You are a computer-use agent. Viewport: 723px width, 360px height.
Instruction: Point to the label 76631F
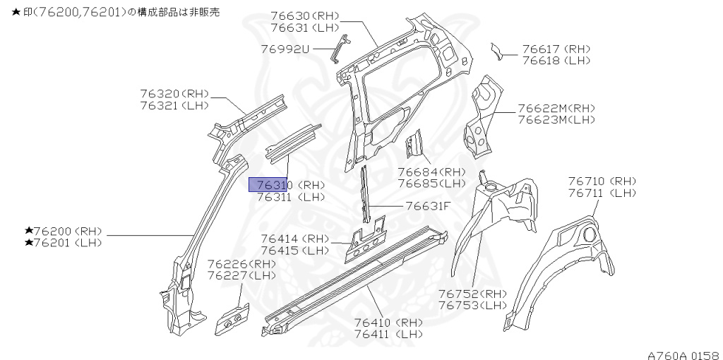coord(428,206)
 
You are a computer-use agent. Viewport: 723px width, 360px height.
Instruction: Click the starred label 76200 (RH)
coord(64,231)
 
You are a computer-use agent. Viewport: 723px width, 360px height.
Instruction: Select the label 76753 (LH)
coord(472,306)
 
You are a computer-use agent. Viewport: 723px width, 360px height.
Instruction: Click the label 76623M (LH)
coord(556,120)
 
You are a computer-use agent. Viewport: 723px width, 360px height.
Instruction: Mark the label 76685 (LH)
coord(431,184)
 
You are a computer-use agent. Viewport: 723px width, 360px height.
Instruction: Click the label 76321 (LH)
coord(174,105)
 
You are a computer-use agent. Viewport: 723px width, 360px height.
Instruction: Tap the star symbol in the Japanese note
coord(6,13)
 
